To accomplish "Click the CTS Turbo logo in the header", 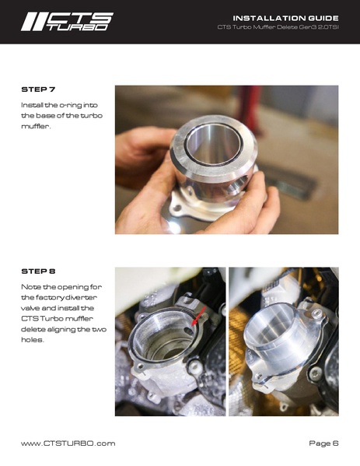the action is pyautogui.click(x=67, y=22).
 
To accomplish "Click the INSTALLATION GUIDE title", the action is pyautogui.click(x=285, y=18).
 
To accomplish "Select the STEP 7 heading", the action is pyautogui.click(x=38, y=89).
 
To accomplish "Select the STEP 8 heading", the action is pyautogui.click(x=38, y=272).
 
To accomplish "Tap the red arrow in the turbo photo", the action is pyautogui.click(x=199, y=317).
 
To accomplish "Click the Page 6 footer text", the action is pyautogui.click(x=323, y=443).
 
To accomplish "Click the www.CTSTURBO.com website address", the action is pyautogui.click(x=68, y=443).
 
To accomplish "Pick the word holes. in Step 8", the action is pyautogui.click(x=33, y=340).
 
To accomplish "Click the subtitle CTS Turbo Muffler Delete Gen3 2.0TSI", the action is pyautogui.click(x=278, y=27).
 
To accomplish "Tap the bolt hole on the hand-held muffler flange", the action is pyautogui.click(x=177, y=207).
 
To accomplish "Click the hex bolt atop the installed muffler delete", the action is pyautogui.click(x=316, y=314).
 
